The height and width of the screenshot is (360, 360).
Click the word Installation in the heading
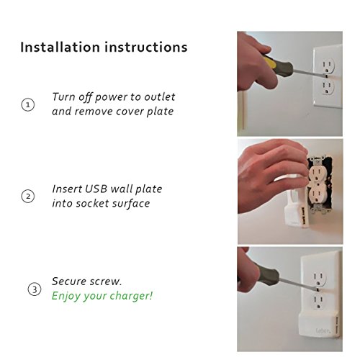click(x=60, y=47)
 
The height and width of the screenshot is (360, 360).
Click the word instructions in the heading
click(x=146, y=47)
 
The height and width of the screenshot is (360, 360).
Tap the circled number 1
click(x=28, y=104)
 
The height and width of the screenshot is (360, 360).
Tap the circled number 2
click(x=28, y=197)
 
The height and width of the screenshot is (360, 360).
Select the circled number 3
click(x=35, y=289)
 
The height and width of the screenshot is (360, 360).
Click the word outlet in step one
click(x=160, y=97)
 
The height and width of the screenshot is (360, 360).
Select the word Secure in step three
click(x=67, y=282)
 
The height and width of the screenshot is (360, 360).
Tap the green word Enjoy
click(x=66, y=296)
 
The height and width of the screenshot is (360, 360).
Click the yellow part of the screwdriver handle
click(x=269, y=62)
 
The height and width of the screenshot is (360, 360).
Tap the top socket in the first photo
click(x=328, y=66)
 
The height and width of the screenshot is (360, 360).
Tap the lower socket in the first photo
click(x=328, y=86)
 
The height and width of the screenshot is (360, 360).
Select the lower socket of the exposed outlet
click(x=317, y=197)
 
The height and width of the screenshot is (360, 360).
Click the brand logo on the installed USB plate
click(x=323, y=330)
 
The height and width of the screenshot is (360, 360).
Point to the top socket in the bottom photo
click(x=319, y=279)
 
